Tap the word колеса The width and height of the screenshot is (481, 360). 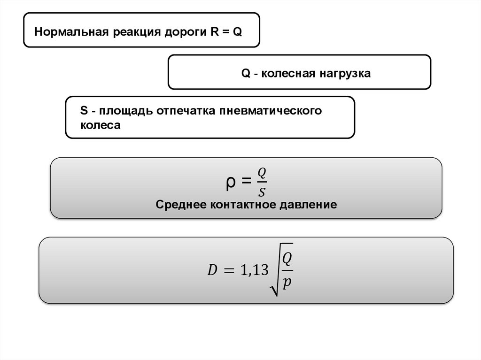tap(101, 126)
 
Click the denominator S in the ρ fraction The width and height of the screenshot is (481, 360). tap(262, 191)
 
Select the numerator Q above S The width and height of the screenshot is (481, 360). tap(262, 173)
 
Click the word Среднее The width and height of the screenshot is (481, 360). tap(181, 205)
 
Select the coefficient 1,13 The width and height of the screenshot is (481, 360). tap(254, 270)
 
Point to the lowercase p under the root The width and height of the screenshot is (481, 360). tap(287, 283)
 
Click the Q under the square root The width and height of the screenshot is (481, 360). tap(287, 259)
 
